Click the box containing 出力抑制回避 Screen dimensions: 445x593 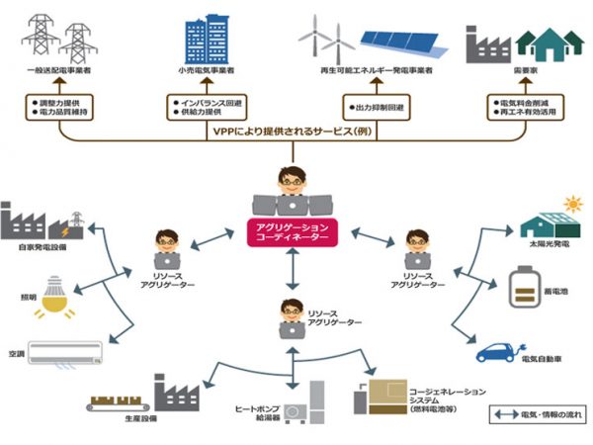(374, 104)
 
